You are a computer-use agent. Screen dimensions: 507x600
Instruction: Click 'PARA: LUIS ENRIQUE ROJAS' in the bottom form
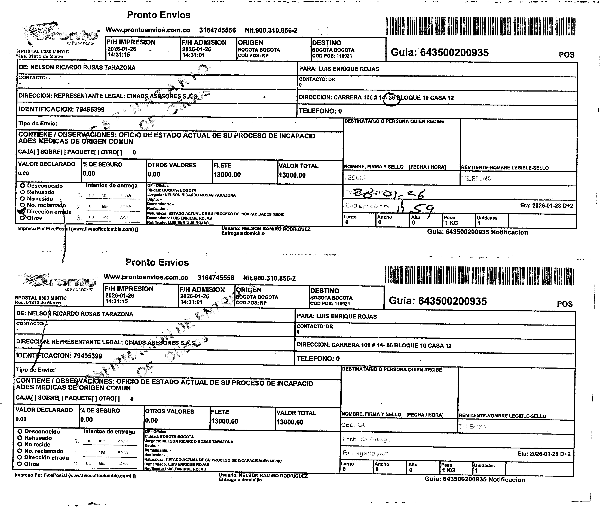[337, 316]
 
